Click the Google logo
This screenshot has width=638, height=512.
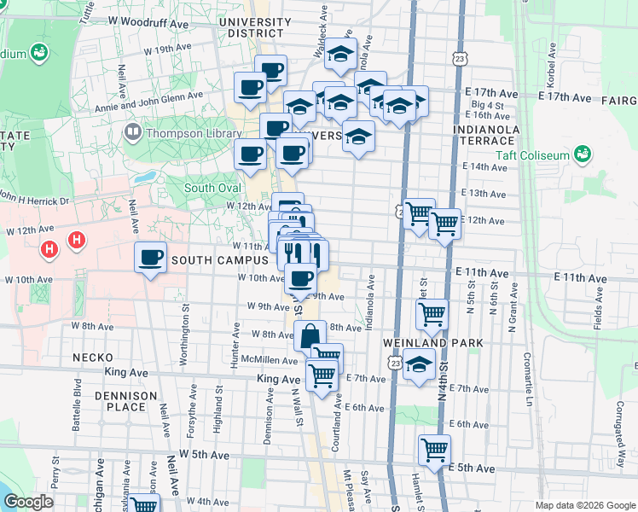pos(30,502)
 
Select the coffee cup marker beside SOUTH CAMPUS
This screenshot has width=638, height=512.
pos(150,257)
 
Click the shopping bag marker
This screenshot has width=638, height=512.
pos(310,335)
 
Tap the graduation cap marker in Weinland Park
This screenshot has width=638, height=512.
pos(418,365)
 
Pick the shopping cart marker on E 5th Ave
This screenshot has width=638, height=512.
pos(435,449)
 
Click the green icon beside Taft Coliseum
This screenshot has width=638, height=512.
pos(583,154)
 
